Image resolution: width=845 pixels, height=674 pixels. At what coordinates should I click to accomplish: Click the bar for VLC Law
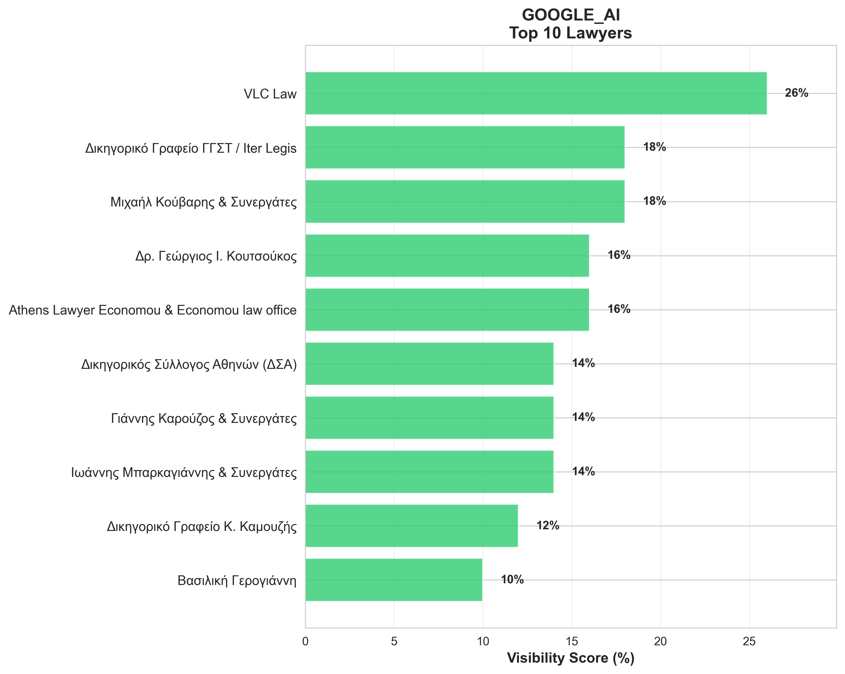pyautogui.click(x=536, y=93)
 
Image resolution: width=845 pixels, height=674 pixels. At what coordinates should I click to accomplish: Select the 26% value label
pyautogui.click(x=796, y=93)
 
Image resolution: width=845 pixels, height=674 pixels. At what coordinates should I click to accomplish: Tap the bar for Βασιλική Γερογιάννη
pyautogui.click(x=393, y=580)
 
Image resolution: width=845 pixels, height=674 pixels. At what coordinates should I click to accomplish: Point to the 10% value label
pyautogui.click(x=512, y=580)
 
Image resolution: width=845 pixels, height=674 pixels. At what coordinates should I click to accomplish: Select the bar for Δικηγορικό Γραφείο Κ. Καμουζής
pyautogui.click(x=411, y=526)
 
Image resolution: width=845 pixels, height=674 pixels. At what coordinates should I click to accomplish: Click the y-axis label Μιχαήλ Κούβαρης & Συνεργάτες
pyautogui.click(x=203, y=202)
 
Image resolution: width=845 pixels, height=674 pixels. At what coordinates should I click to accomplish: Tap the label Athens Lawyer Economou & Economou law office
pyautogui.click(x=152, y=310)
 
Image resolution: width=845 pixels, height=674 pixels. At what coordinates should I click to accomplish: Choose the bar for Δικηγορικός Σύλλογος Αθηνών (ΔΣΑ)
pyautogui.click(x=429, y=364)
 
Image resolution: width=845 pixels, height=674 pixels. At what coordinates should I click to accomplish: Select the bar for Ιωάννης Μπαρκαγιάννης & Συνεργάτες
pyautogui.click(x=429, y=472)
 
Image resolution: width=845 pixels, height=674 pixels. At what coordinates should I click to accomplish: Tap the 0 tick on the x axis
pyautogui.click(x=305, y=642)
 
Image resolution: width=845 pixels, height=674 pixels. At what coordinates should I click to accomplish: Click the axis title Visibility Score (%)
pyautogui.click(x=571, y=658)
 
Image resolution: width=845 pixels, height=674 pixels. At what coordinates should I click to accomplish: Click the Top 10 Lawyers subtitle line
pyautogui.click(x=571, y=33)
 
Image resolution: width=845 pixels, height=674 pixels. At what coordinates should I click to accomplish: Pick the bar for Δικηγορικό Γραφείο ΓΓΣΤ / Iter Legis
pyautogui.click(x=465, y=147)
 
